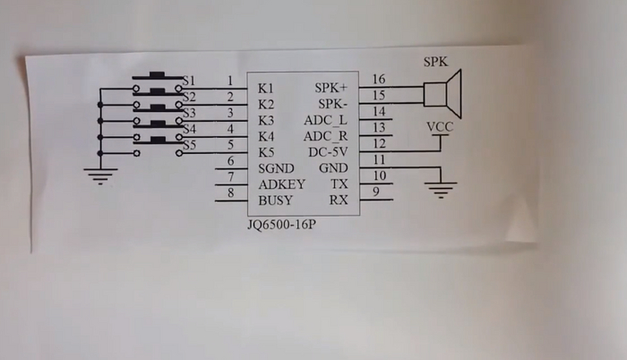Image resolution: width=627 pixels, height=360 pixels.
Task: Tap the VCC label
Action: point(440,127)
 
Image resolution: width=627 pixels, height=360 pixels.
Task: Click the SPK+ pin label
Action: point(332,89)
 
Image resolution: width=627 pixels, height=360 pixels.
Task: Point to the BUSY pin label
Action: point(276,201)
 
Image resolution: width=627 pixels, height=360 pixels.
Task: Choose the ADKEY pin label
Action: point(282,184)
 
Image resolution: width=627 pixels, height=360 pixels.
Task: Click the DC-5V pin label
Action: point(327,152)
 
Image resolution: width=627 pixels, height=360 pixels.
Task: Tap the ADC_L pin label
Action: point(326,120)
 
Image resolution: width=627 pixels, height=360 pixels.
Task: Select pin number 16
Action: point(378,80)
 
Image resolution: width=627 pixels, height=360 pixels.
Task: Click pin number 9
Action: point(377,192)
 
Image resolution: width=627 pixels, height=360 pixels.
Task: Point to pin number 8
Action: point(231,192)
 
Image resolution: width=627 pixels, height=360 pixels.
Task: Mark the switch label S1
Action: point(188,81)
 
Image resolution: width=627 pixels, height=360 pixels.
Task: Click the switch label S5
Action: point(188,145)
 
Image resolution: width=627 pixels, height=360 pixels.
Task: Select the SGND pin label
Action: point(277,168)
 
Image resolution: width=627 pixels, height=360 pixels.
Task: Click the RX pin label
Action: point(339,201)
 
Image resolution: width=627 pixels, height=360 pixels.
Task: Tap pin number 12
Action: point(378,143)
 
